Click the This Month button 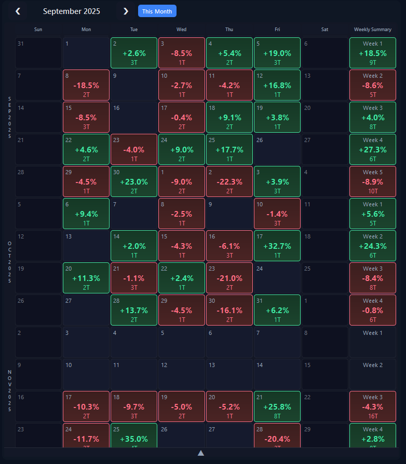click(x=157, y=11)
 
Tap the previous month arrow click(x=18, y=11)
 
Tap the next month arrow click(x=126, y=11)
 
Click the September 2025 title click(x=72, y=11)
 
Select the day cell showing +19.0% click(x=277, y=53)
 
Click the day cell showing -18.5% click(x=86, y=85)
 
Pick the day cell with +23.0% click(x=134, y=181)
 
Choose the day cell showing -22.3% click(x=229, y=181)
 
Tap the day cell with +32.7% click(x=277, y=246)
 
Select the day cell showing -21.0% click(x=229, y=278)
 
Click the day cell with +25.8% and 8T click(x=277, y=406)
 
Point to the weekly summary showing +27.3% click(x=373, y=149)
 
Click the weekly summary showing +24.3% click(x=373, y=246)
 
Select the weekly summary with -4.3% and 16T click(x=373, y=406)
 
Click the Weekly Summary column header click(x=373, y=30)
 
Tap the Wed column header click(x=182, y=30)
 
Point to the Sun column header click(x=38, y=30)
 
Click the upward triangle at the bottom click(x=201, y=453)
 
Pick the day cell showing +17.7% click(x=229, y=149)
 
